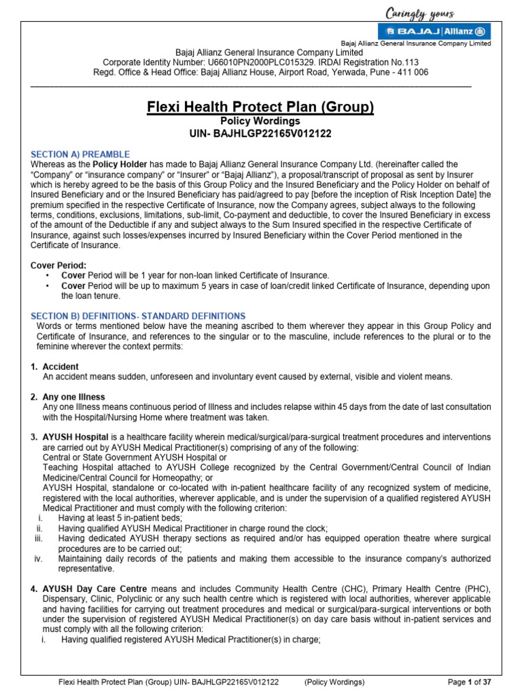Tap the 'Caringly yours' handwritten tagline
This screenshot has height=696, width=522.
coord(420,13)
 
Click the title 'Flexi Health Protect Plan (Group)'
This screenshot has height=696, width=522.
coord(260,107)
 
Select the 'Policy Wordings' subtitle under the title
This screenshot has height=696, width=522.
coord(260,121)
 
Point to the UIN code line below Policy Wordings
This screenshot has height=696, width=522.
coord(260,133)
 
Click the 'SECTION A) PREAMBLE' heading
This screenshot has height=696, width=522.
coord(80,154)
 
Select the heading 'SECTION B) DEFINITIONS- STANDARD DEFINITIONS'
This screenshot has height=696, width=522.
coord(138,316)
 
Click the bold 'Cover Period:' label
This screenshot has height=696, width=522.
coord(59,265)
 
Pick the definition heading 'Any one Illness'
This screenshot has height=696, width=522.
coord(73,397)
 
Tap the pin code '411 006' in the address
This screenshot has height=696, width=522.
coord(412,72)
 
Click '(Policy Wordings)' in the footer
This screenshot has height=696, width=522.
coord(334,682)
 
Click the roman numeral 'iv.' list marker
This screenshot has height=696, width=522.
coord(39,559)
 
